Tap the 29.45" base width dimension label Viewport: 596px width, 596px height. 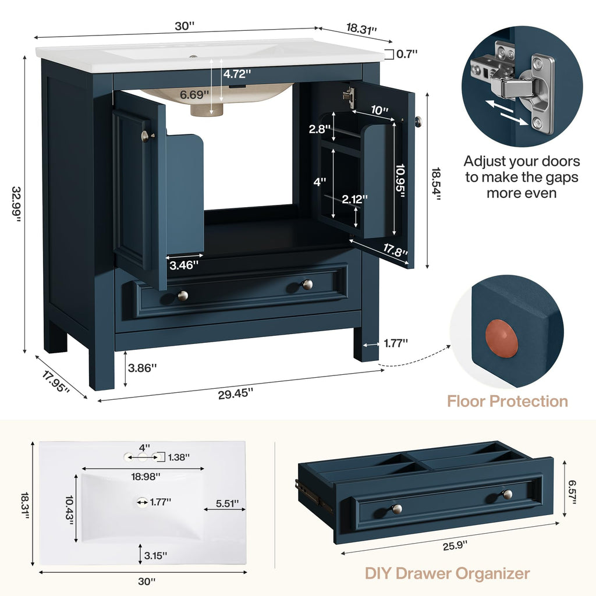pos(235,394)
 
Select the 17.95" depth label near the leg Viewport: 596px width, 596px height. pos(55,382)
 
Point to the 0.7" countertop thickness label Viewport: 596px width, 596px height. pos(407,54)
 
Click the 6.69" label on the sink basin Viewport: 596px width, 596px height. pos(194,95)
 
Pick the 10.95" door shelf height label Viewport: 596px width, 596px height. pos(400,181)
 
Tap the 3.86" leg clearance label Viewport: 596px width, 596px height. pos(142,368)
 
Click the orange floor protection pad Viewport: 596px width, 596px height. pos(501,338)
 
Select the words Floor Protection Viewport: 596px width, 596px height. pos(508,402)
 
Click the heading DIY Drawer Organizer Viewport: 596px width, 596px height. pos(447,573)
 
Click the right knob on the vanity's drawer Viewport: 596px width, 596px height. pos(307,284)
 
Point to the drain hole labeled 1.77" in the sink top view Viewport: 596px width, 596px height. pos(143,502)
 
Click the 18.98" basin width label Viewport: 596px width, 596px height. pos(146,476)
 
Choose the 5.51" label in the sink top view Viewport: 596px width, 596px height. pos(228,503)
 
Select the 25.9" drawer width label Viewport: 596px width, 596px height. pos(455,546)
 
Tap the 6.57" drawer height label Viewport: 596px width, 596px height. pos(573,492)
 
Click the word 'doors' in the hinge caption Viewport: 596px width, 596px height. pos(562,161)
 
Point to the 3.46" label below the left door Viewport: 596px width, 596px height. pos(184,265)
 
